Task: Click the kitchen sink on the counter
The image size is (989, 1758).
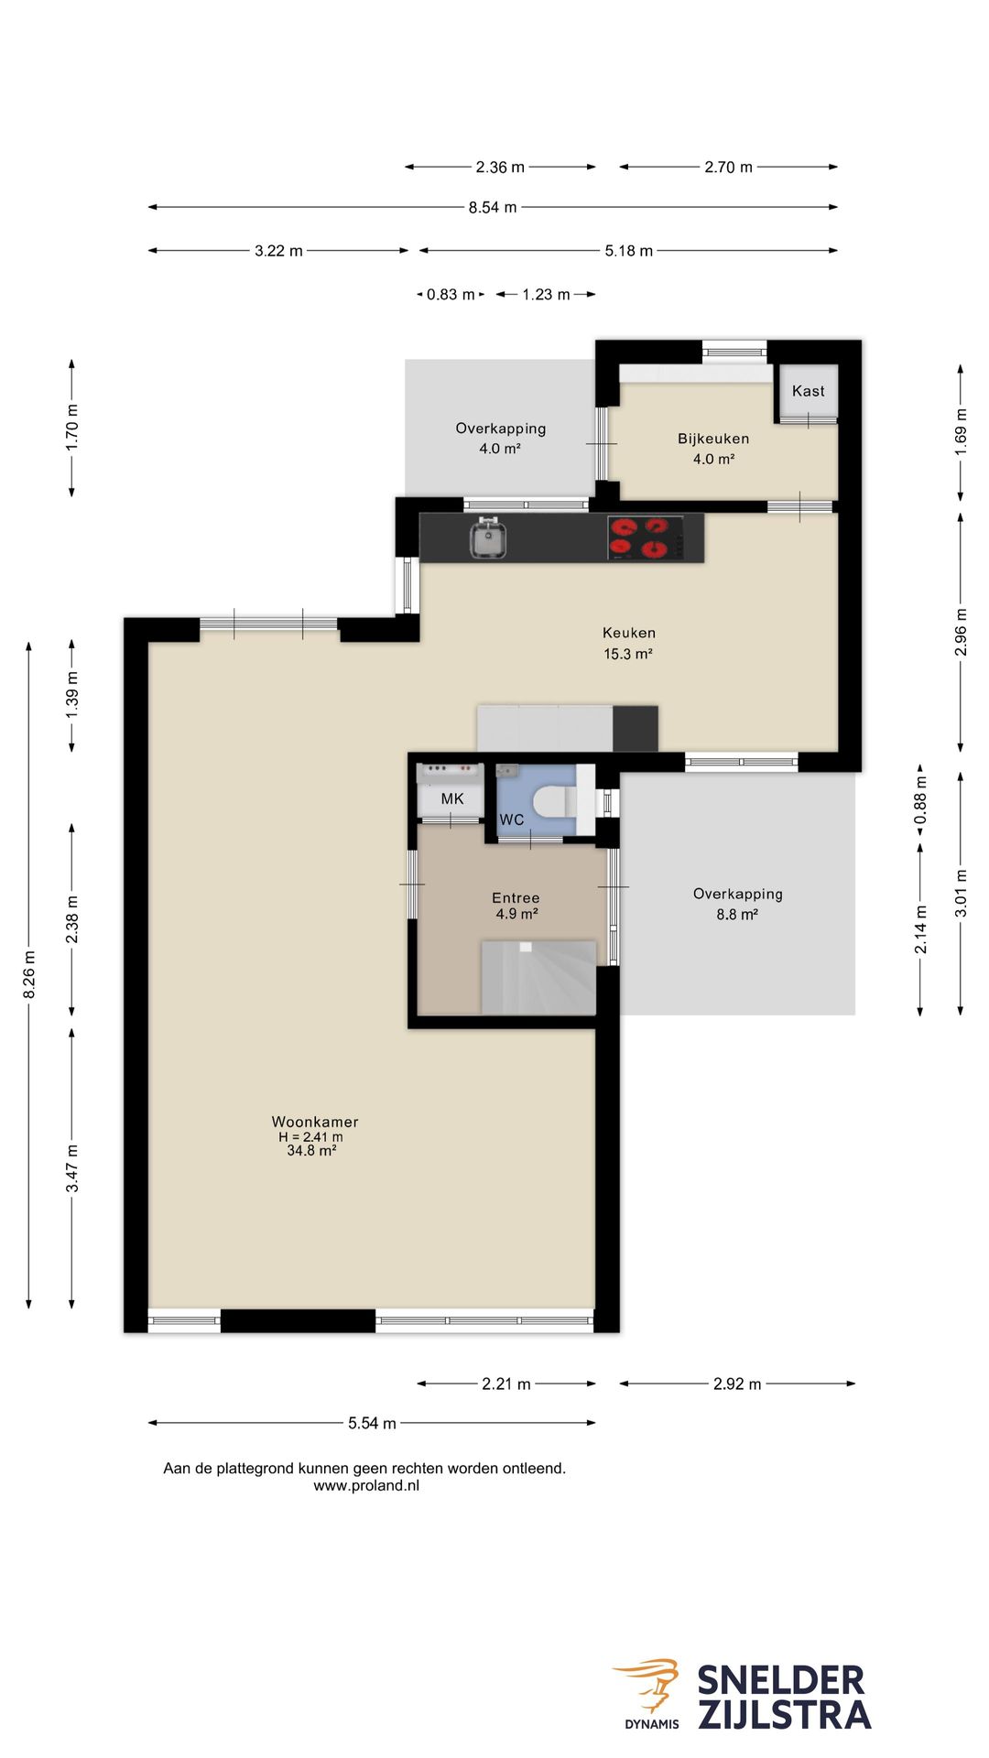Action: (x=489, y=537)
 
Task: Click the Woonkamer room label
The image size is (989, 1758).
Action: (x=315, y=1122)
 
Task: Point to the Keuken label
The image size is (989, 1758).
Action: (x=629, y=633)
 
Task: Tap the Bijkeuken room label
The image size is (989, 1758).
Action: (x=713, y=439)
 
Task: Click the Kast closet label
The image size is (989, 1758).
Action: (x=809, y=391)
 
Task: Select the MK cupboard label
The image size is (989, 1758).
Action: (x=452, y=799)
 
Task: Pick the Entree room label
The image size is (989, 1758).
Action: (x=516, y=898)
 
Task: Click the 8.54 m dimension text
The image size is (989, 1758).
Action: (x=493, y=208)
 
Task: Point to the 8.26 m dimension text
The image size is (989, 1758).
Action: (x=29, y=976)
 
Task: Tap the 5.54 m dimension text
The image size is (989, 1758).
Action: (x=372, y=1423)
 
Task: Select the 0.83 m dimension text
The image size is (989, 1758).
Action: (x=451, y=295)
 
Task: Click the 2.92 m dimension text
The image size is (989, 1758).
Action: (x=737, y=1384)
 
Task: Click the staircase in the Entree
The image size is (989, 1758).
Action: (x=538, y=977)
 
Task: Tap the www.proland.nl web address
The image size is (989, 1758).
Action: (x=366, y=1486)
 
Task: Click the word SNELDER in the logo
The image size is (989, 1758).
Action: (x=781, y=1682)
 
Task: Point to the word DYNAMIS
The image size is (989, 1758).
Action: (x=652, y=1724)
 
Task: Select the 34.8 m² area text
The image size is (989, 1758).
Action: (x=311, y=1151)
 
